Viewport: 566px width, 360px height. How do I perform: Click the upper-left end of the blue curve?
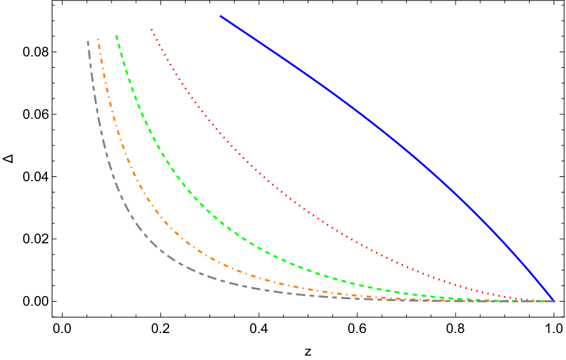[220, 16]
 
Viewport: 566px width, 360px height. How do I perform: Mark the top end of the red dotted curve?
[151, 29]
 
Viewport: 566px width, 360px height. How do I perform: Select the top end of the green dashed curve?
[117, 35]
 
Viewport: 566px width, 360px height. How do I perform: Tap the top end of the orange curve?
[98, 39]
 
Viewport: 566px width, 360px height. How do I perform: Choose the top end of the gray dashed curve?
[88, 41]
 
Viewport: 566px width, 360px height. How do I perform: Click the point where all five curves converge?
[553, 301]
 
